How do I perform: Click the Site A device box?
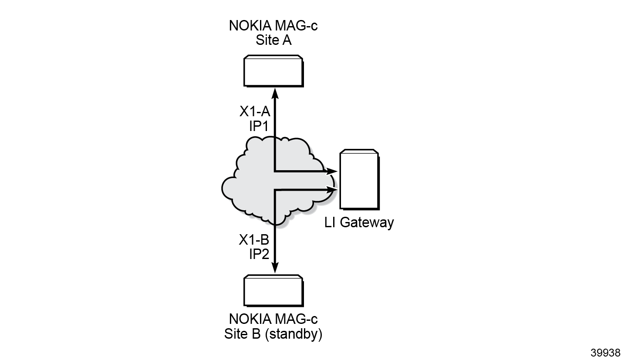(273, 71)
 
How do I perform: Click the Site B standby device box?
(273, 291)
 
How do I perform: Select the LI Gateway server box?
(360, 180)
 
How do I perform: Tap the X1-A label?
(255, 111)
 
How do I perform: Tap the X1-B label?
(254, 240)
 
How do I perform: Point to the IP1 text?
(259, 126)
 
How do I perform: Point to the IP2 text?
(259, 254)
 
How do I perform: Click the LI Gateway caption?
(359, 222)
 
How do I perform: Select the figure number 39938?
(605, 353)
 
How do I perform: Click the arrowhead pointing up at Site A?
(275, 94)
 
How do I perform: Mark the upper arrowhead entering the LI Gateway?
(331, 172)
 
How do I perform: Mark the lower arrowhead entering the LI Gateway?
(331, 190)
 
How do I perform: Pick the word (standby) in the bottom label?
(294, 334)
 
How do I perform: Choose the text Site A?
(273, 40)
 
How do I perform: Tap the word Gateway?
(367, 222)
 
